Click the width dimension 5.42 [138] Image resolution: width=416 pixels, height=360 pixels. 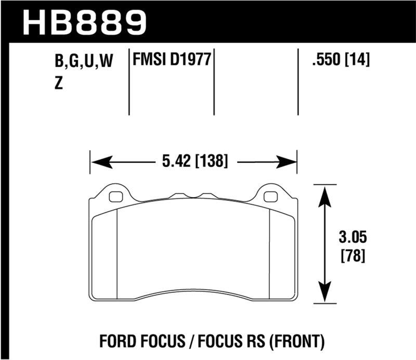click(193, 161)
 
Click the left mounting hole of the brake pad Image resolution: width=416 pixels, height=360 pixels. click(116, 197)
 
